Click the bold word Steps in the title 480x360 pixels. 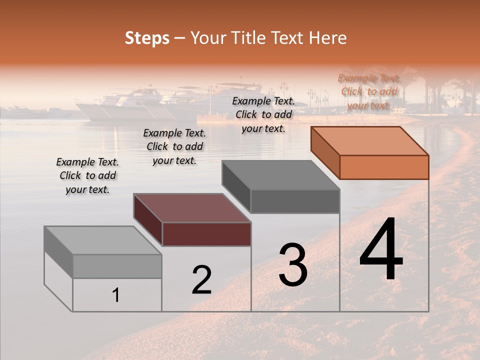pos(147,38)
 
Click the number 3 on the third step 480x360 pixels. pos(292,264)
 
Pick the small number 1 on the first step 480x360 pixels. pos(115,295)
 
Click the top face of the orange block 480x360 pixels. pos(369,140)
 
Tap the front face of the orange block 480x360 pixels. pos(384,167)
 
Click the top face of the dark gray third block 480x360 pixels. pos(280,175)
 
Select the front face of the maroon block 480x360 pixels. pos(206,234)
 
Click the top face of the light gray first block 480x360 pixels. pos(102,240)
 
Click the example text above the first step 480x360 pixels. pos(87,175)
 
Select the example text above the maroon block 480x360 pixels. pos(174,146)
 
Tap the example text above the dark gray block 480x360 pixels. pos(263,114)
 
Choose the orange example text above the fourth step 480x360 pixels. pos(369,91)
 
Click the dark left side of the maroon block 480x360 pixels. pos(148,219)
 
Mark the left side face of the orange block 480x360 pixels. pos(325,152)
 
